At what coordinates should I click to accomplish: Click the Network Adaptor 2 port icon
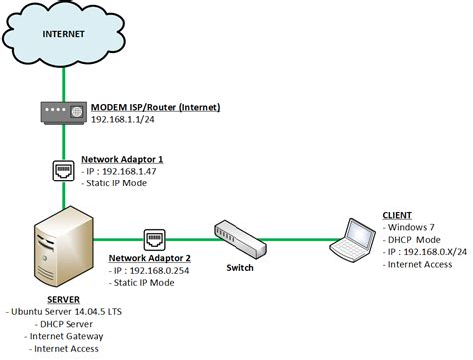coord(155,238)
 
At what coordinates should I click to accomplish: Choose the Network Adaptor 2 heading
coord(149,257)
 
